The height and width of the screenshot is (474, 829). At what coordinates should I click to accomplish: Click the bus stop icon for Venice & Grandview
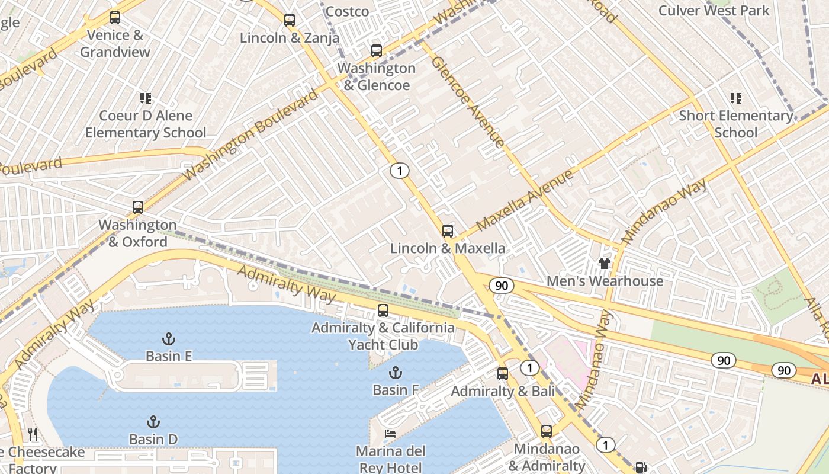pos(115,18)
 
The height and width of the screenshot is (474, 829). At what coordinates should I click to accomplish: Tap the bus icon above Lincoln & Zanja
pos(289,20)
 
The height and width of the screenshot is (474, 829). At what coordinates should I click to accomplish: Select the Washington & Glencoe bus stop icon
pos(376,51)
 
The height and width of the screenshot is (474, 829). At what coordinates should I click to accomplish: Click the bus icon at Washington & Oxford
pos(138,207)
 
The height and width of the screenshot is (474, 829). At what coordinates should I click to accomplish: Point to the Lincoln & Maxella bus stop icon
pos(448,231)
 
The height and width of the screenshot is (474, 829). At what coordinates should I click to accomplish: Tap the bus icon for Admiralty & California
pos(383,310)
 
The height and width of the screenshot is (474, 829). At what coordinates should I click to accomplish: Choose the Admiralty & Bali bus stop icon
pos(503,374)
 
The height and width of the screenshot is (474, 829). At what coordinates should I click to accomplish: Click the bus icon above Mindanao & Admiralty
pos(547,431)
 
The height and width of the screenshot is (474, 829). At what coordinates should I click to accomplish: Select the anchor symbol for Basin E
pos(169,339)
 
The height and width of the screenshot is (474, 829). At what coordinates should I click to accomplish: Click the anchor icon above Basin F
pos(395,373)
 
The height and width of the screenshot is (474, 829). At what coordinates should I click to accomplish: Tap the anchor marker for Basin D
pos(153,422)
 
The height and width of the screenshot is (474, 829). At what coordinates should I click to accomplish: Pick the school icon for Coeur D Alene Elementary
pos(145,98)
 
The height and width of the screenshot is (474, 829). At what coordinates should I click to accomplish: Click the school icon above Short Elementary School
pos(735,98)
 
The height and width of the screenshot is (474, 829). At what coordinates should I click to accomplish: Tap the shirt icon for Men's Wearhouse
pos(604,263)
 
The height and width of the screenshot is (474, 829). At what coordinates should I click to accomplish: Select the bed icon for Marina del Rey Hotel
pos(390,434)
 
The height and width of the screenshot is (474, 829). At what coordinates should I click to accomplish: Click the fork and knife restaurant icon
pos(33,434)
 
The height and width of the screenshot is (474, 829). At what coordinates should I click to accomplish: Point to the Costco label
pos(347,11)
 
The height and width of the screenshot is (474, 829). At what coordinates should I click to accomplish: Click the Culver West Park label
pos(714,11)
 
